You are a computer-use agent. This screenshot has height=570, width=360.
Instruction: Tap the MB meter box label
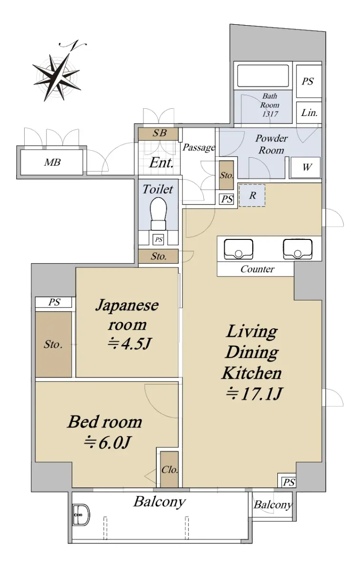pos(52,162)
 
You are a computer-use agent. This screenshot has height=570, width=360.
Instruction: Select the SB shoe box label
pos(160,133)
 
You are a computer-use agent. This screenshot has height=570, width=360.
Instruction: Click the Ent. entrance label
pos(161,162)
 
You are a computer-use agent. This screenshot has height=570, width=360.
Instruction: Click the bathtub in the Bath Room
pos(263,76)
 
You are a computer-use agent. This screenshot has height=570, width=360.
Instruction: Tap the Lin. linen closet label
pos(309,113)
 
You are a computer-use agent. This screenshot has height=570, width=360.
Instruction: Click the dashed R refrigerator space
pos(252,195)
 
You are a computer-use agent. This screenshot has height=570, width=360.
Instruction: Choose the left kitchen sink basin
pos(238,249)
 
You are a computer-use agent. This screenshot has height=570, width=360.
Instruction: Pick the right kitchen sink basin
pos(298,249)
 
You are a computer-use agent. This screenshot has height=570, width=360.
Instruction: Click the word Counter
pos(257,269)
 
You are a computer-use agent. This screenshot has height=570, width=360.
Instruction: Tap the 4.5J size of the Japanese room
pos(130,344)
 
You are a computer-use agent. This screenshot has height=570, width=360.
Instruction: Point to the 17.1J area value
pos(254,394)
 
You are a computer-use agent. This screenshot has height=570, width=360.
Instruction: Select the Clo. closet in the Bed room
pos(169,469)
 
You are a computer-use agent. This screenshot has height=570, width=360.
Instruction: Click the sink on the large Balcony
pos(81,515)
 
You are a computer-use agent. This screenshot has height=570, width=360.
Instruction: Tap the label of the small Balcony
pos(273,504)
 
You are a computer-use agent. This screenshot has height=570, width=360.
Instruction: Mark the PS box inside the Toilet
pos(159,239)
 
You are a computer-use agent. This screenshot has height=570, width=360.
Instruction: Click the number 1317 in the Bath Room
pos(270,114)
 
